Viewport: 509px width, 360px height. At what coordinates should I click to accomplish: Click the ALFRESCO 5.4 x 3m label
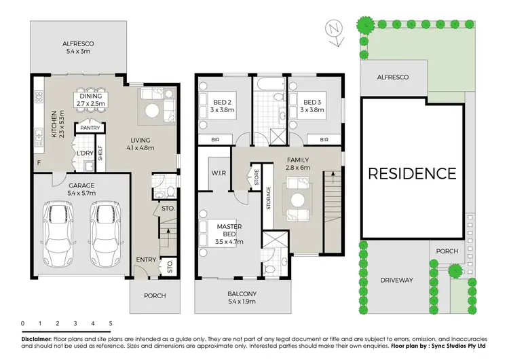(77, 46)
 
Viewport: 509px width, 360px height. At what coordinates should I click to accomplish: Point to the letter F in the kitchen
(39, 164)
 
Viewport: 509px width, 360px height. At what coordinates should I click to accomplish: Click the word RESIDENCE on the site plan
(412, 173)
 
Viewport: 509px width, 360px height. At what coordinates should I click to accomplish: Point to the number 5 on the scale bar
(110, 323)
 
